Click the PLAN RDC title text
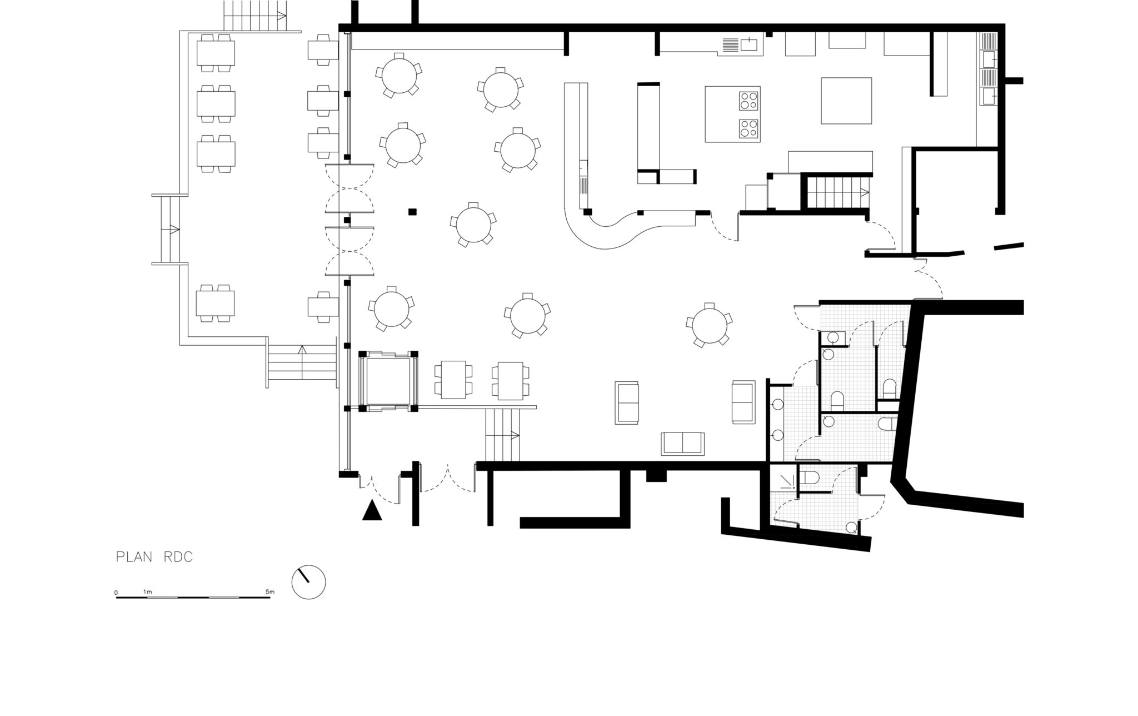154,558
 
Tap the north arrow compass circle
308,583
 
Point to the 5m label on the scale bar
269,592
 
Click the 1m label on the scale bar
147,592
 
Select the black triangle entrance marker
372,510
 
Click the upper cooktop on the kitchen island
748,100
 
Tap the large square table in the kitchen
846,101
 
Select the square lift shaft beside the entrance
388,381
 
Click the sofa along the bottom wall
682,443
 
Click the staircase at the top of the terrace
255,16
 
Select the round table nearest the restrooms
709,325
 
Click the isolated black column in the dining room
412,211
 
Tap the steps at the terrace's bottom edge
302,362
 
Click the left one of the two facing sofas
627,402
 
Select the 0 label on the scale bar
116,593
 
